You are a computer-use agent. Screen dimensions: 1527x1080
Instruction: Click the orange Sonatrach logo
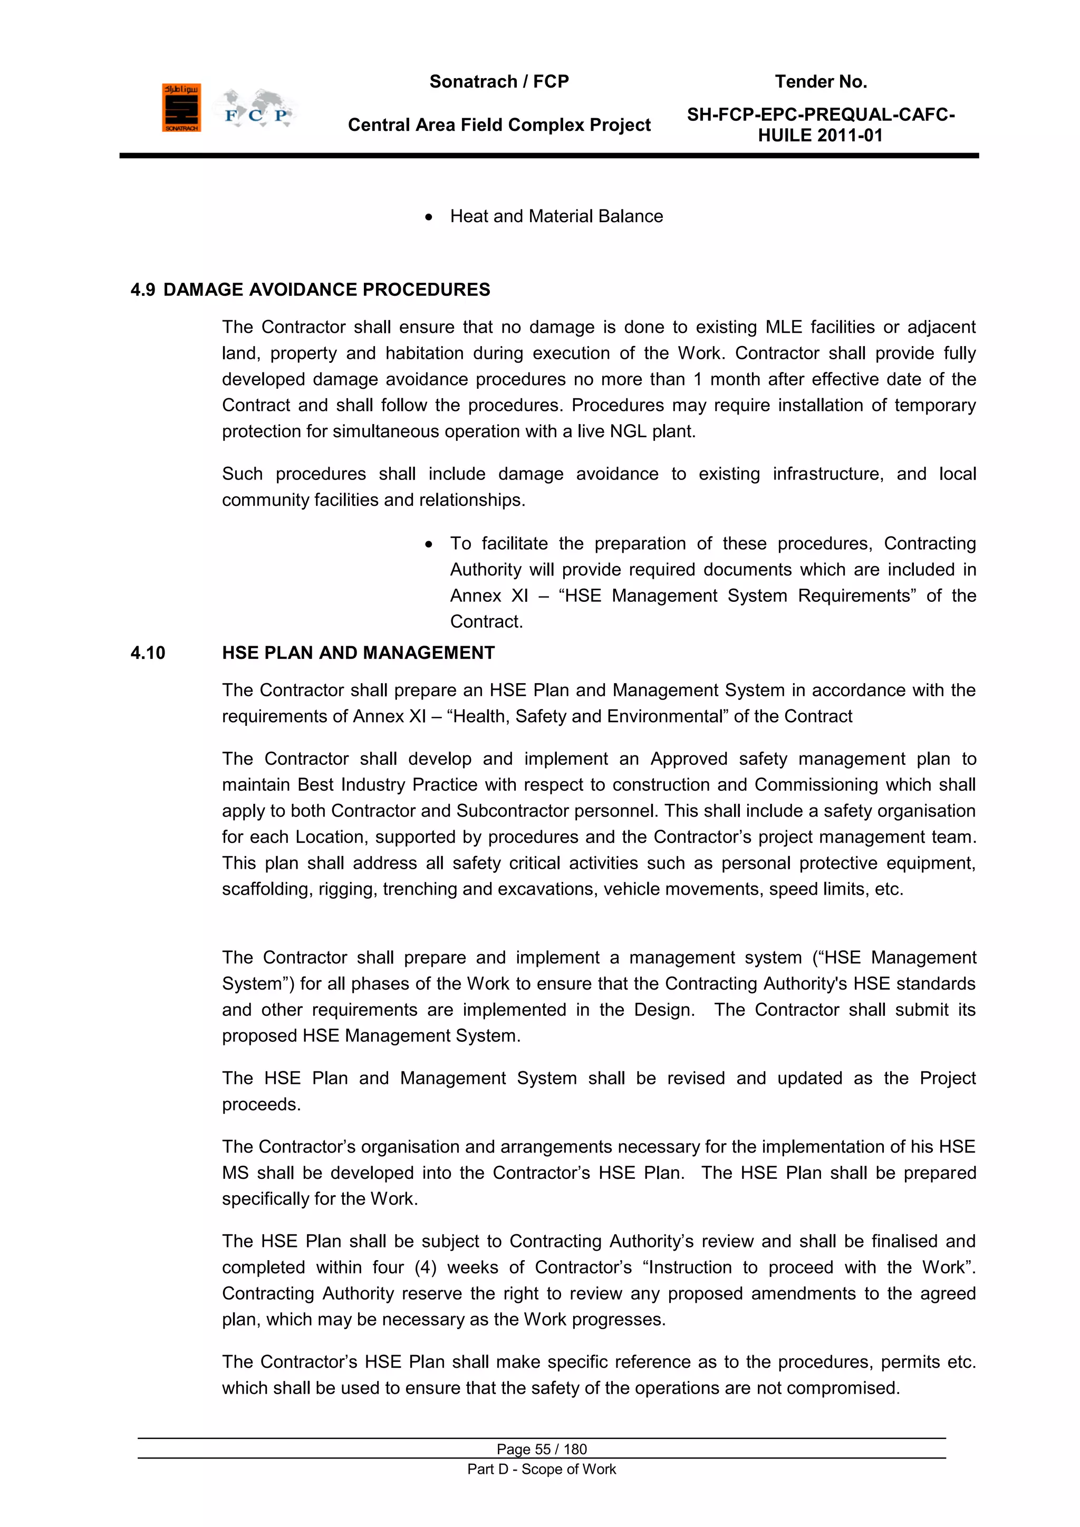181,107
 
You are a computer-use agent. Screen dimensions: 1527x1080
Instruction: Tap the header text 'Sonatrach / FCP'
499,82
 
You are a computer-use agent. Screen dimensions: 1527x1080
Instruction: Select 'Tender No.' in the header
820,82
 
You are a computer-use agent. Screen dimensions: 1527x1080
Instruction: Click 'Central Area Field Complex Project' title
499,125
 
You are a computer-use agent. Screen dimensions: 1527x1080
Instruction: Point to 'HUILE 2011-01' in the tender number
820,136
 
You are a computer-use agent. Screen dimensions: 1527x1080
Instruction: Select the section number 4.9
142,290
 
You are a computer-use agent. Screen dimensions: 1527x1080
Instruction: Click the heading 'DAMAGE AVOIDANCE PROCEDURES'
326,290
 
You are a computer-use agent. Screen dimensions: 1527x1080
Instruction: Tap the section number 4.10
148,653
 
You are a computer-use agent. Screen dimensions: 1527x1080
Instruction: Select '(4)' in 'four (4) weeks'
425,1267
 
